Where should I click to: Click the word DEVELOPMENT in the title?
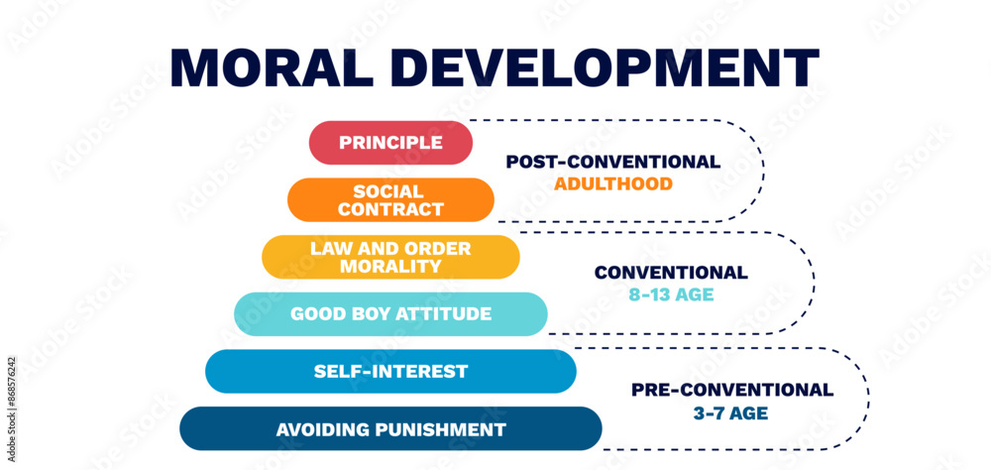tap(611, 66)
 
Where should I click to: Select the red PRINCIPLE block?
tap(390, 143)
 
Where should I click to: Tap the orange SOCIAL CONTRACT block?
tap(390, 200)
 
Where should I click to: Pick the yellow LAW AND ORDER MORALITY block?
tap(390, 257)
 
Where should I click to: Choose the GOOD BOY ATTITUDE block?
tap(390, 314)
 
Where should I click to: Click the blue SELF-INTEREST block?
tap(390, 372)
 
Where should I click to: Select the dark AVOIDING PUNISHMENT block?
tap(390, 429)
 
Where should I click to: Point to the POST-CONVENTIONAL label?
tap(612, 162)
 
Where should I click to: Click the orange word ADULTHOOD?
tap(612, 183)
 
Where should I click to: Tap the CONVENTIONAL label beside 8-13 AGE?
tap(671, 273)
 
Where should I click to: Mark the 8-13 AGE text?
tap(671, 294)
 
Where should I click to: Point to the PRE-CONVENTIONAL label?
tap(732, 390)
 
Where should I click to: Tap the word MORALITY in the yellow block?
tap(390, 267)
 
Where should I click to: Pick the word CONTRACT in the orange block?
tap(390, 210)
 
